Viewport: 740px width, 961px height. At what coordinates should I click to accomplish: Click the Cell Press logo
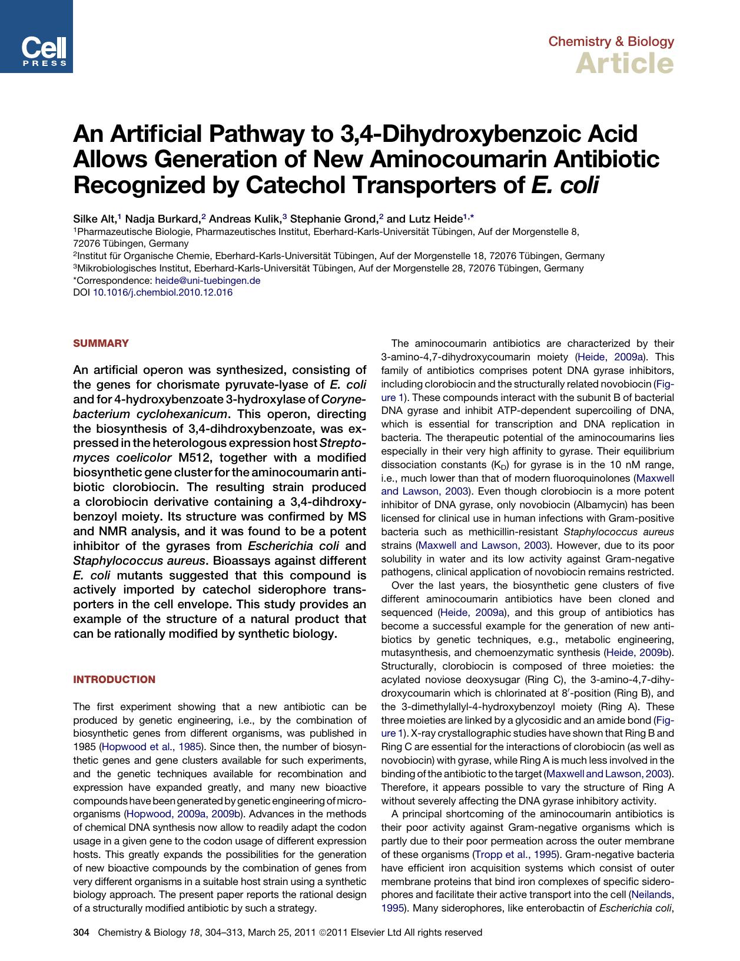tap(36, 37)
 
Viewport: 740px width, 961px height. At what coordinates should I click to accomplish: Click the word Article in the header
tap(625, 64)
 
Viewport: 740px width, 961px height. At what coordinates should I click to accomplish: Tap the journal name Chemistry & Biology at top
tap(611, 41)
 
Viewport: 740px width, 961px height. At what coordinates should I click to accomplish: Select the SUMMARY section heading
tap(101, 343)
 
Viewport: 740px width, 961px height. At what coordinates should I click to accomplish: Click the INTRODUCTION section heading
tap(114, 680)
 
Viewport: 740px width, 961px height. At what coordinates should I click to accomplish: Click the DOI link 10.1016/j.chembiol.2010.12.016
tap(163, 292)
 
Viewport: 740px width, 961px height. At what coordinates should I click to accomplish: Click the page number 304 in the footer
tap(81, 932)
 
